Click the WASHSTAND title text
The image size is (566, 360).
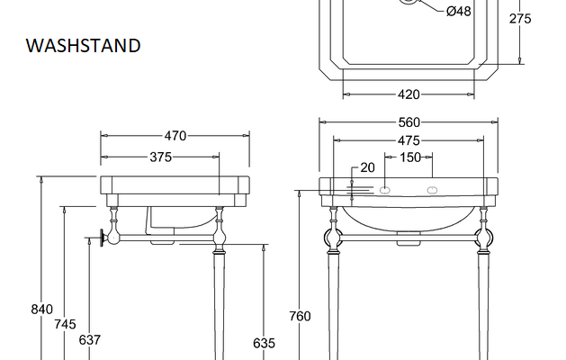(83, 46)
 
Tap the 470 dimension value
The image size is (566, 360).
(175, 136)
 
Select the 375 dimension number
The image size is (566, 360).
(161, 157)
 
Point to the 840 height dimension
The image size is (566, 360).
(42, 310)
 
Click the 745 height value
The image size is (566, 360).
(66, 324)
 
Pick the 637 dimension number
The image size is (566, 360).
(89, 340)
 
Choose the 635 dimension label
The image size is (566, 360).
(264, 343)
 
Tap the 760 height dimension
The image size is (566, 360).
(300, 316)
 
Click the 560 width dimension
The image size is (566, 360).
(409, 122)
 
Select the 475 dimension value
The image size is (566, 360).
(409, 140)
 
